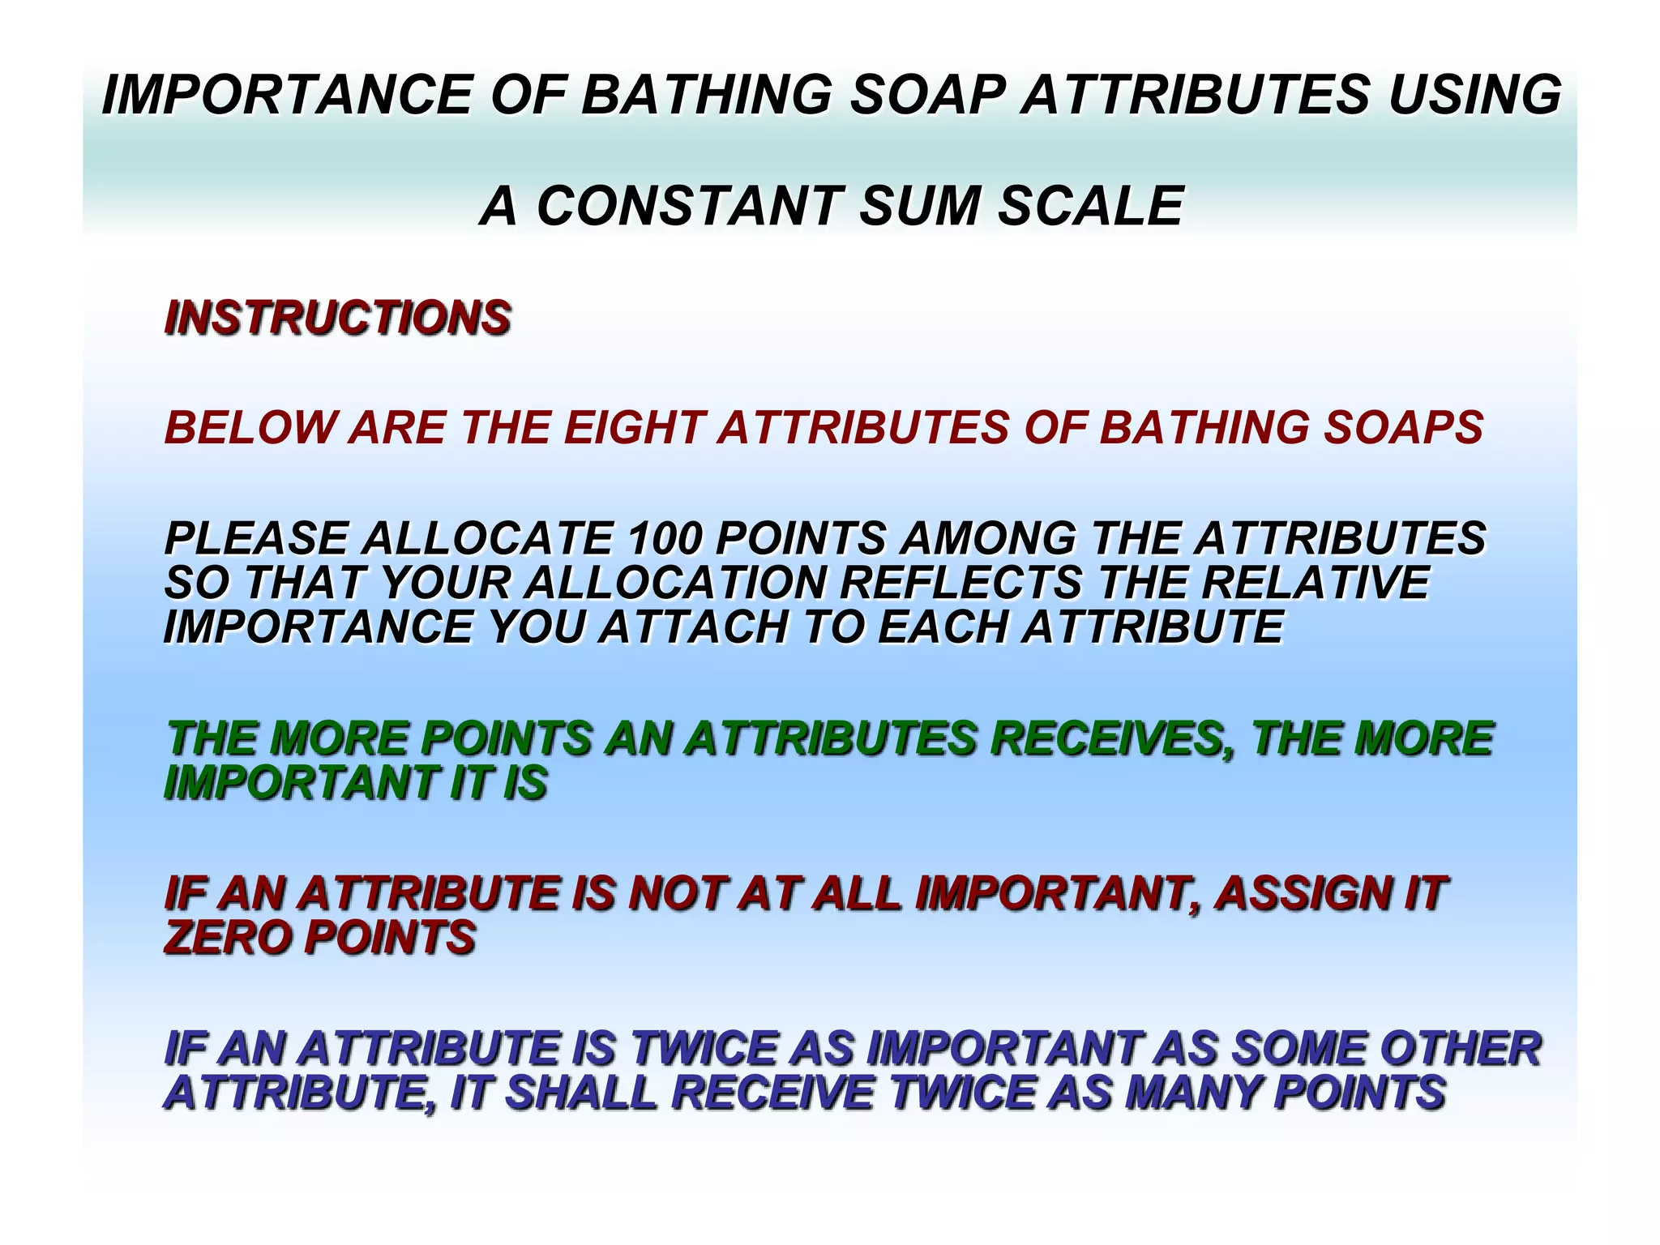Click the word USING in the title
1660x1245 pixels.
click(1474, 95)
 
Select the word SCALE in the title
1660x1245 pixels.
click(1090, 206)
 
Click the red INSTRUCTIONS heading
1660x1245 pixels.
click(337, 317)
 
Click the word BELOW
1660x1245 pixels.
click(249, 428)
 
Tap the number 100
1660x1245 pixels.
click(664, 539)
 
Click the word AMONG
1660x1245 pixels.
click(988, 539)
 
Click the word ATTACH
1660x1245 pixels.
click(693, 627)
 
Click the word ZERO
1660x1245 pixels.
click(227, 938)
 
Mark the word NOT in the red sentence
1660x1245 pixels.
click(675, 893)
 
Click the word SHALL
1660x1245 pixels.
click(581, 1093)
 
